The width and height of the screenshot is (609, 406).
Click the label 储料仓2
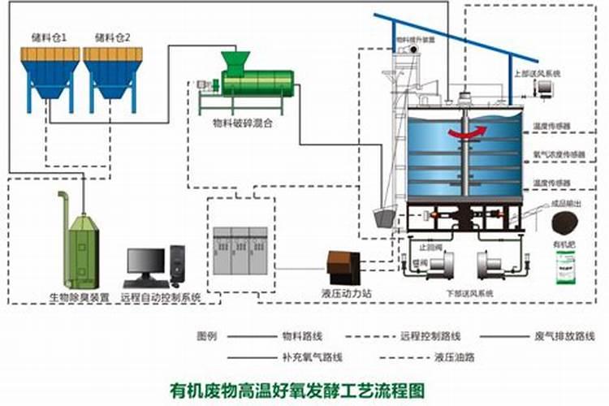tap(112, 37)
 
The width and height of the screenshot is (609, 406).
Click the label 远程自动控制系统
tap(160, 298)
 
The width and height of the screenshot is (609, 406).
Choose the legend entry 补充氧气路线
tap(313, 356)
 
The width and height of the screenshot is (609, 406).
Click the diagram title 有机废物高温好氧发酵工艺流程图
tap(296, 389)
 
